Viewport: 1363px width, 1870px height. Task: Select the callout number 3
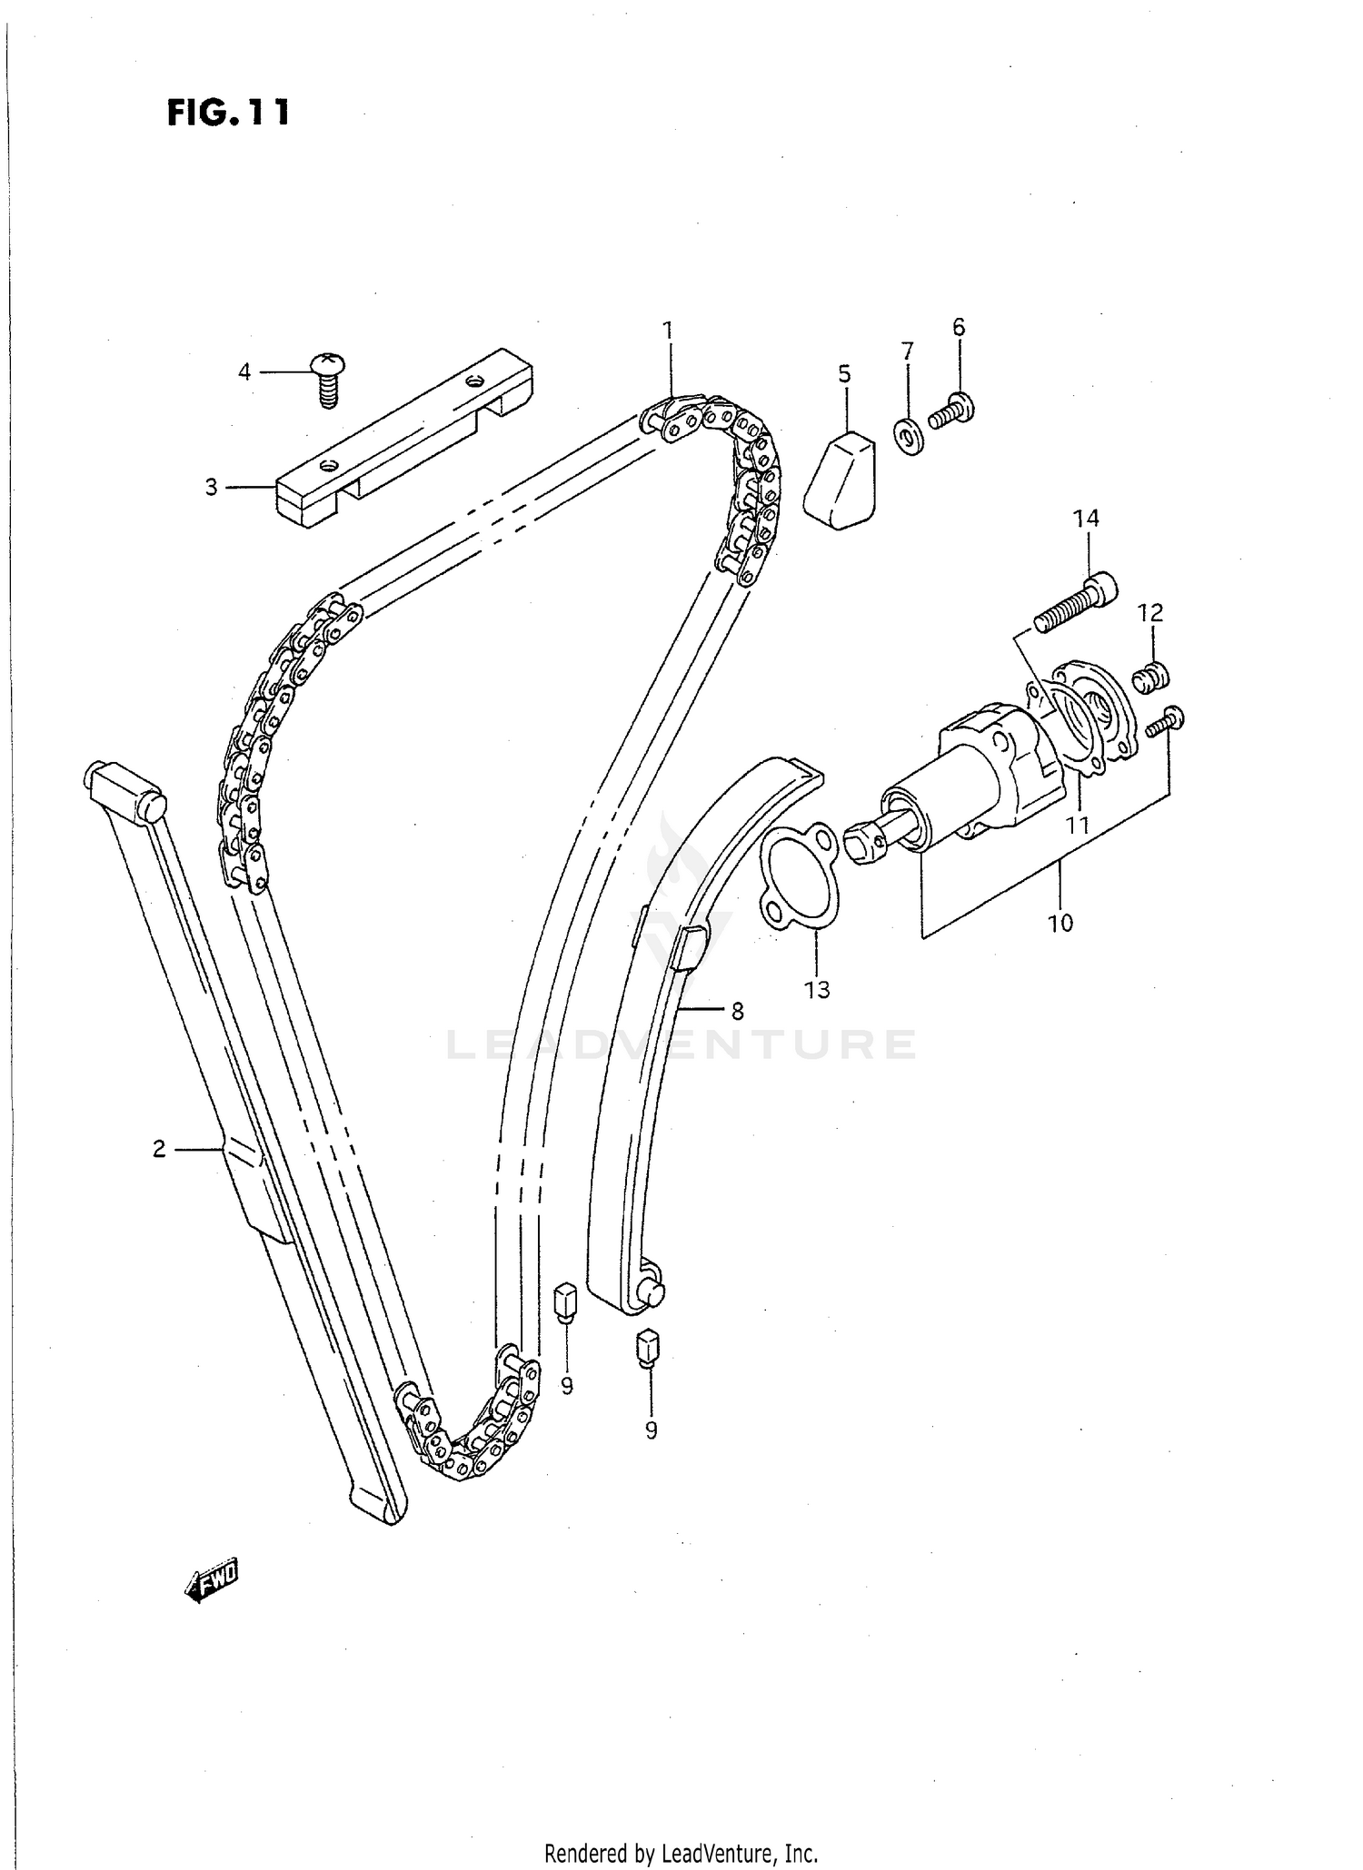[x=211, y=488]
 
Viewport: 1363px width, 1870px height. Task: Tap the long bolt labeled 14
[x=1076, y=603]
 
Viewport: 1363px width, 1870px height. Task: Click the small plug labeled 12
[x=1150, y=677]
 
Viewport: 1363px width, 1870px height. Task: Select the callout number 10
[x=1060, y=923]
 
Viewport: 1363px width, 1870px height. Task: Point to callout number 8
[x=737, y=1011]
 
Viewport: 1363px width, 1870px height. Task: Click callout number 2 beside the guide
[x=159, y=1150]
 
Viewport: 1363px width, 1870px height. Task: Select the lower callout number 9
[x=651, y=1430]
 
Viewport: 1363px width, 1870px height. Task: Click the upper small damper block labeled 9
[x=564, y=1302]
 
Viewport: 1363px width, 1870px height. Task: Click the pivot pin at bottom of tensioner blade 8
[x=653, y=1293]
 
